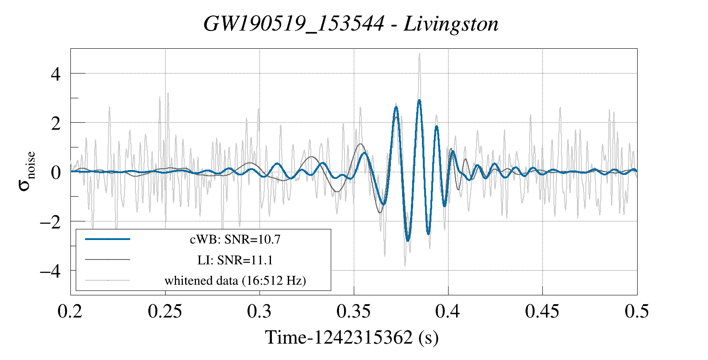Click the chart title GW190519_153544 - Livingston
pyautogui.click(x=351, y=24)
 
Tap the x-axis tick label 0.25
pyautogui.click(x=165, y=312)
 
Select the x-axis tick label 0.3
pyautogui.click(x=259, y=312)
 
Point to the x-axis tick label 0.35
pyautogui.click(x=353, y=312)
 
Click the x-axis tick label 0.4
pyautogui.click(x=448, y=312)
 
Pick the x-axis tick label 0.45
pyautogui.click(x=542, y=312)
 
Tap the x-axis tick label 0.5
pyautogui.click(x=637, y=312)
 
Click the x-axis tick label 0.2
pyautogui.click(x=70, y=312)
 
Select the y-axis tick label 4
pyautogui.click(x=56, y=74)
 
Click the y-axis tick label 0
pyautogui.click(x=56, y=172)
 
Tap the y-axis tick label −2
pyautogui.click(x=50, y=221)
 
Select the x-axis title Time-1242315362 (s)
pyautogui.click(x=352, y=338)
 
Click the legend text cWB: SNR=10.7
pyautogui.click(x=235, y=240)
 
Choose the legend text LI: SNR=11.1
pyautogui.click(x=235, y=260)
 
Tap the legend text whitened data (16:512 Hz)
pyautogui.click(x=235, y=280)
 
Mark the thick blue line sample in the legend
pyautogui.click(x=108, y=239)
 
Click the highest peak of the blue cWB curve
pyautogui.click(x=419, y=101)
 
